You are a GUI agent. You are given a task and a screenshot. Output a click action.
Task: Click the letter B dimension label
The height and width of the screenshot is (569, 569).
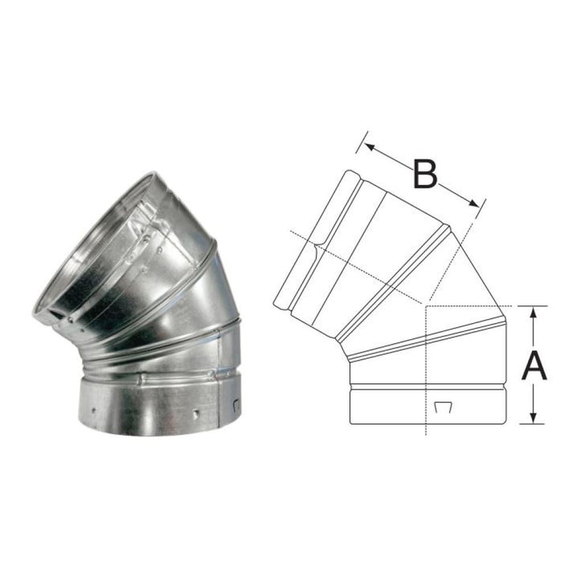425,174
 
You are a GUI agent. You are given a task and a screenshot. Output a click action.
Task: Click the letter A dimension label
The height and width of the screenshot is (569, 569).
535,365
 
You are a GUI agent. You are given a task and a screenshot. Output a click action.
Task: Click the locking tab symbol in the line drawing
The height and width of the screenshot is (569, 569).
443,407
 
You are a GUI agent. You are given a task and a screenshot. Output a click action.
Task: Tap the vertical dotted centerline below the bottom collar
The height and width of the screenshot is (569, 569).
426,431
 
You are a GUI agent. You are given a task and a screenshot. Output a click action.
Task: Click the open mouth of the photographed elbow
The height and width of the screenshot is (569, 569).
95,253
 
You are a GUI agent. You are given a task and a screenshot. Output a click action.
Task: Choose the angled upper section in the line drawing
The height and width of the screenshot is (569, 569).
371,245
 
